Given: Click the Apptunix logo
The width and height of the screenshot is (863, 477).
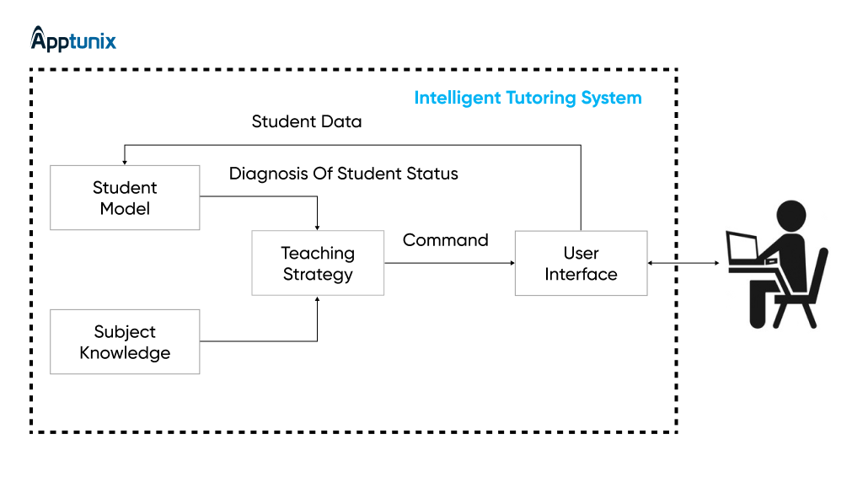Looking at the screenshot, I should (73, 40).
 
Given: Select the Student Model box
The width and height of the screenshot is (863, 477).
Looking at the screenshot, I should (125, 198).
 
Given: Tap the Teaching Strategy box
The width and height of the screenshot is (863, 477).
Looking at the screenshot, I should (318, 263).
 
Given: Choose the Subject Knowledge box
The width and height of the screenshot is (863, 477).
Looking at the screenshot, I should (125, 342).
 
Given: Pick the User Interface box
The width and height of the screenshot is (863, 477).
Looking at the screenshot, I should (581, 263).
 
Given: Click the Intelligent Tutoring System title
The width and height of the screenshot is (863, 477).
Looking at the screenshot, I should (528, 98).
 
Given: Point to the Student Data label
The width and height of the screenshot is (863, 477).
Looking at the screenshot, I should (307, 121).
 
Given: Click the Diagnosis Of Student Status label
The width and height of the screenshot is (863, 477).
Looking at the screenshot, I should (344, 174).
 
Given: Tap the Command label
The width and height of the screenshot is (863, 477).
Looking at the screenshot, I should (445, 240).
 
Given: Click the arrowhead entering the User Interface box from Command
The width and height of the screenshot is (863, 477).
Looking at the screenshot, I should (511, 263).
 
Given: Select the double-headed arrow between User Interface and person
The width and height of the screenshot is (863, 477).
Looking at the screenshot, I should (683, 264).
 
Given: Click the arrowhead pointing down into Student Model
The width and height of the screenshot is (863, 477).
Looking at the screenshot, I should (125, 161).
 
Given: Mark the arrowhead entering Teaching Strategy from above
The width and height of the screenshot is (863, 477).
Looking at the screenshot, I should (317, 227).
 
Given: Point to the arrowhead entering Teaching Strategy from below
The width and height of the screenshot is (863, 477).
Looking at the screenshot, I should (317, 299).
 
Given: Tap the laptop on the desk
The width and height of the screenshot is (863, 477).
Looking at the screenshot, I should (745, 248).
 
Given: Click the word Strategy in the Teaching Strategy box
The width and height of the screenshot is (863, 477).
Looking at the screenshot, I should (318, 274).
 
